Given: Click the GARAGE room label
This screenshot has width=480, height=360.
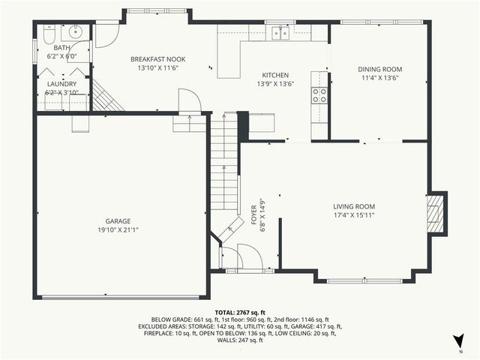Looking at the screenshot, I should pos(118,220).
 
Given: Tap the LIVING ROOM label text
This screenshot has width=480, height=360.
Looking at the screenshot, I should pos(354,206).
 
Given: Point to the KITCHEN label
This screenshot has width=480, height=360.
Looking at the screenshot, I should pos(274,75).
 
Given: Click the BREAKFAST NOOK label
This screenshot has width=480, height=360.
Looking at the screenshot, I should pos(157,59).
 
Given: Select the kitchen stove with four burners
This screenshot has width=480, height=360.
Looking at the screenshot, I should pos(319,94).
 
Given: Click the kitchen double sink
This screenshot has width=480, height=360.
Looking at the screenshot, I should pos(281,33).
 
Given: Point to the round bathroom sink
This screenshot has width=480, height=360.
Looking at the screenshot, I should pos(76,32).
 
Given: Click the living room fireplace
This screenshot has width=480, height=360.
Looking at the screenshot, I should pos(434,213).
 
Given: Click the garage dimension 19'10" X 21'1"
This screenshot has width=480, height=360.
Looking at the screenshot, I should pos(118,229).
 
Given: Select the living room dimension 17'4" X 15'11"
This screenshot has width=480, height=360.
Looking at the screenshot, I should pos(354,215).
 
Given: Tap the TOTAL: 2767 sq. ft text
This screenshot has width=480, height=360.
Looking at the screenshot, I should pos(240,311).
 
